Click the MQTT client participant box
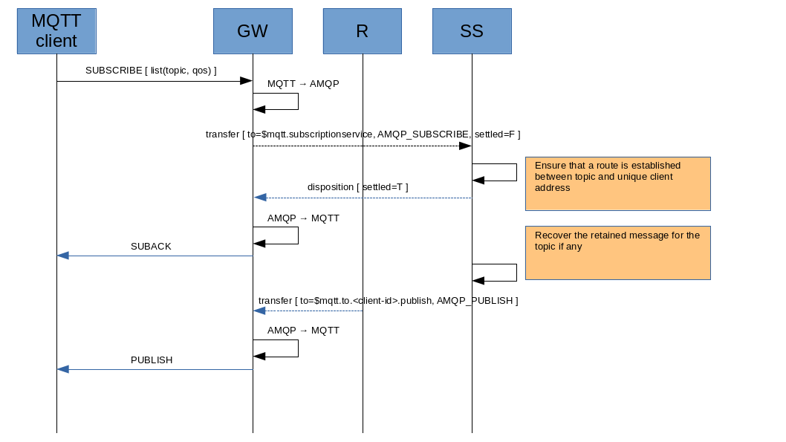click(x=56, y=31)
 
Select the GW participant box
click(x=253, y=31)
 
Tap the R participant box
click(x=363, y=31)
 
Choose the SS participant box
click(x=472, y=31)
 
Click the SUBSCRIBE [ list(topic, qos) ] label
click(x=151, y=71)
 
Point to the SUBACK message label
click(x=151, y=247)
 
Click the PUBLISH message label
click(x=152, y=360)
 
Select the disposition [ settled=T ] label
click(x=357, y=187)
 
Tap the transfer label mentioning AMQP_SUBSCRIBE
click(x=363, y=134)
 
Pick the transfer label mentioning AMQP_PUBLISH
click(x=388, y=301)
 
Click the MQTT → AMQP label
click(x=303, y=84)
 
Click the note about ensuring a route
click(x=617, y=183)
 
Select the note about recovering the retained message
click(x=617, y=253)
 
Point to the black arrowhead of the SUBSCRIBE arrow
click(x=246, y=81)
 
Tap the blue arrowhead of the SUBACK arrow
click(x=63, y=256)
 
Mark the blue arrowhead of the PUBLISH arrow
click(x=63, y=369)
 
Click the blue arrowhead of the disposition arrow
click(x=260, y=198)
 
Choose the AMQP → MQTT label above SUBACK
click(x=303, y=219)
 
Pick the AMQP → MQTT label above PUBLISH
click(x=303, y=331)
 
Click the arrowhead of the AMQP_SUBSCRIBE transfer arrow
click(x=465, y=146)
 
